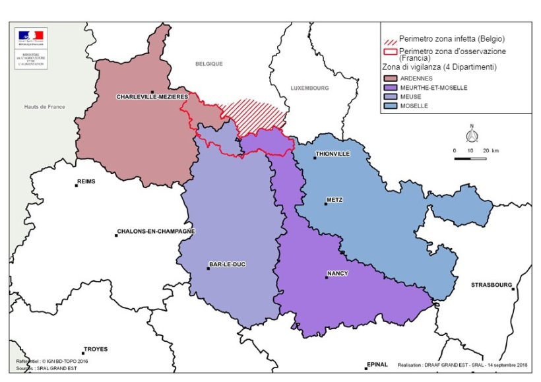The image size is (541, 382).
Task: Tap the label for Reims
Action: (86, 180)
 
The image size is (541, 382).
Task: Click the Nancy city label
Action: (337, 273)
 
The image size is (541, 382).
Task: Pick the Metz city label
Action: (334, 199)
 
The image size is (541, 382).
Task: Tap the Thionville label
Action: (333, 154)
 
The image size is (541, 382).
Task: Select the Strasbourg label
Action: (491, 285)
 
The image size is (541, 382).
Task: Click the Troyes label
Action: (95, 349)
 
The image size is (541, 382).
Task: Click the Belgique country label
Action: (208, 64)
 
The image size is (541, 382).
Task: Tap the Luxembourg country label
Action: (309, 88)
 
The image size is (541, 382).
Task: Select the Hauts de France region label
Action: (44, 107)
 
